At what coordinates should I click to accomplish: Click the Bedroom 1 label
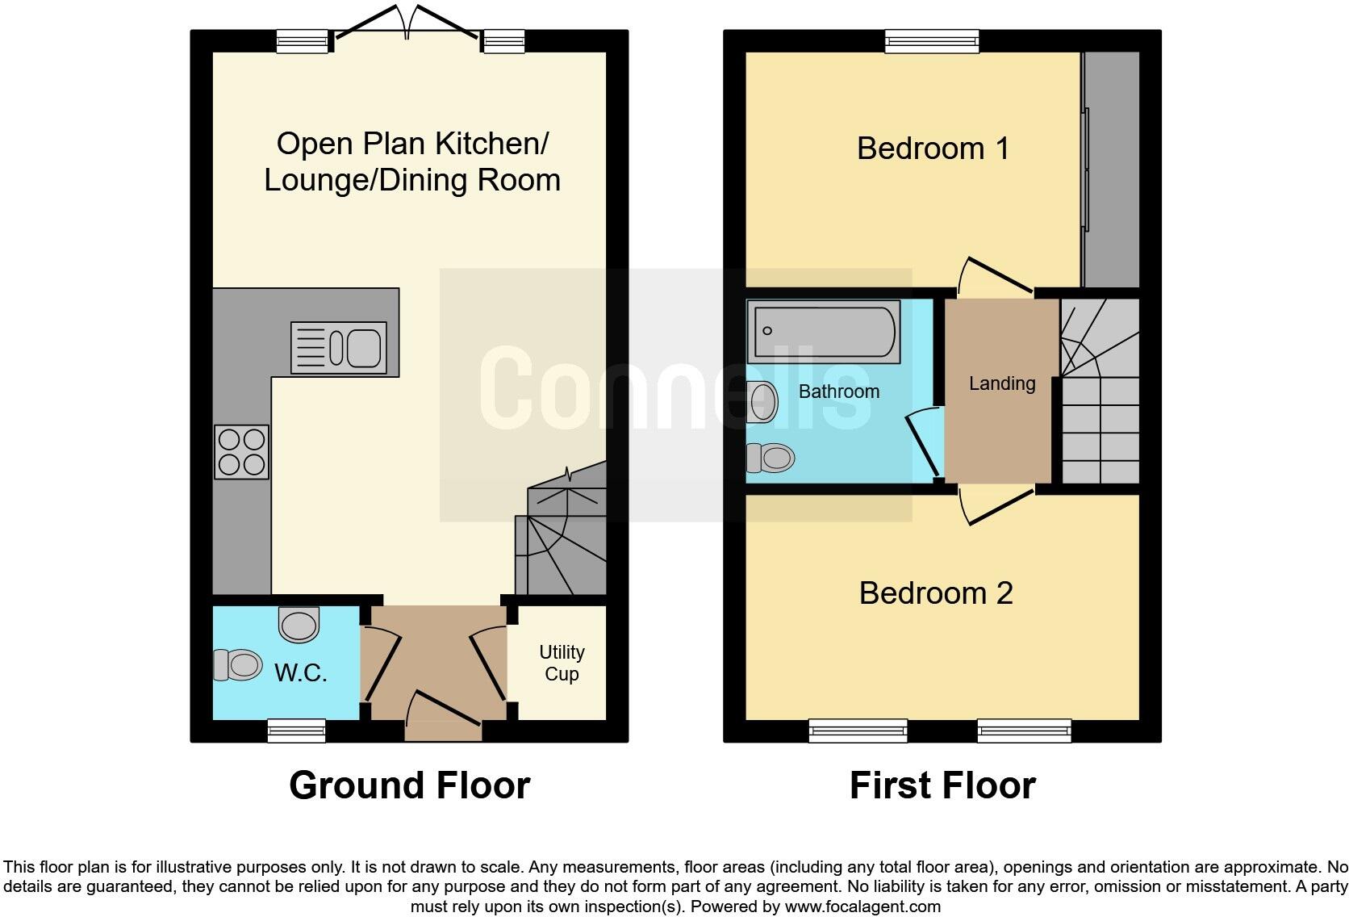[933, 149]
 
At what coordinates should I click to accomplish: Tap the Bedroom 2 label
[935, 593]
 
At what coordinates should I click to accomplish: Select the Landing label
[1001, 383]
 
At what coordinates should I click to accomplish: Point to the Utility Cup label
[562, 663]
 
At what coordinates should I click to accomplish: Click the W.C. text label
[300, 672]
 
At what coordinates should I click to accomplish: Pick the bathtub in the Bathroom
[824, 331]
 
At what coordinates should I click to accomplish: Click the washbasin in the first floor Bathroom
[762, 401]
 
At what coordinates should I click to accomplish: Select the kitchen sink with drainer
[338, 348]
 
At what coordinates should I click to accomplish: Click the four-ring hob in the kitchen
[241, 451]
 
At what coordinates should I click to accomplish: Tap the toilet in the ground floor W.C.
[237, 665]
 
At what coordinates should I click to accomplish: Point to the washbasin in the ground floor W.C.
[299, 623]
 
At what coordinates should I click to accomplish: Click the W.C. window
[296, 731]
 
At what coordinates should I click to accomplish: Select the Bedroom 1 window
[931, 40]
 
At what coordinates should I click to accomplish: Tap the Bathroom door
[924, 445]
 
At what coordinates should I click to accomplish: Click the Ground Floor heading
[409, 785]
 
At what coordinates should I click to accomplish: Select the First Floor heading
[942, 785]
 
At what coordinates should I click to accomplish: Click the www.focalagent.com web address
[862, 907]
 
